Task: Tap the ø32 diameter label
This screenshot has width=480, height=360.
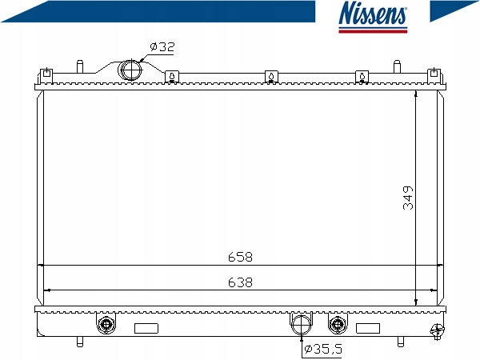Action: tap(162, 47)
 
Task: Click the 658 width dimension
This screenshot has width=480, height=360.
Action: tap(240, 258)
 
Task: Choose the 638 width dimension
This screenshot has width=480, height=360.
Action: tap(240, 282)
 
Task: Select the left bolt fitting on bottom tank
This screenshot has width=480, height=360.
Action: tap(105, 324)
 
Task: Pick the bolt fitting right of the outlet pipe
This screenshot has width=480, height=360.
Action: tap(338, 324)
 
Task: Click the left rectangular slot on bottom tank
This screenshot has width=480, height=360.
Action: tap(146, 327)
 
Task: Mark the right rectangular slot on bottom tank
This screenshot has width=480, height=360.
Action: tap(367, 327)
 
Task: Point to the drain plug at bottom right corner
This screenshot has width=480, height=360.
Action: tap(436, 329)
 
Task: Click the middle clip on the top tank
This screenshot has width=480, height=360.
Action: tap(271, 77)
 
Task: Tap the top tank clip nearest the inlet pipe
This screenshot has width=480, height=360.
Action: tap(170, 77)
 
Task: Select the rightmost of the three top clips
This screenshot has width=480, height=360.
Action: tap(362, 77)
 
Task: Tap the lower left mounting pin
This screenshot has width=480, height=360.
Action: tap(79, 342)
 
